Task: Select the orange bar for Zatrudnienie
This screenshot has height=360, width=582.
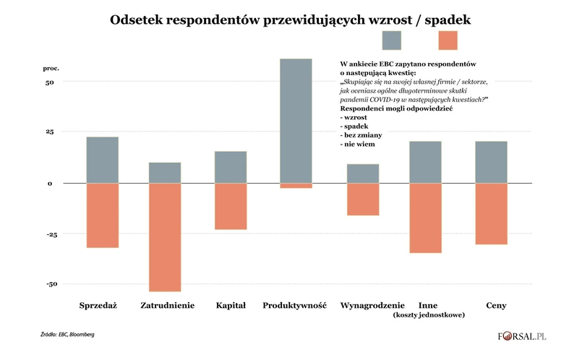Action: pos(165,237)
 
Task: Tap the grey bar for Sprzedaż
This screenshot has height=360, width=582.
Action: pos(103,160)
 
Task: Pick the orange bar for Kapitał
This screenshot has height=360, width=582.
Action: pos(231,206)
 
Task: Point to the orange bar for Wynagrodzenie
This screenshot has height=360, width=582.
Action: pos(363,199)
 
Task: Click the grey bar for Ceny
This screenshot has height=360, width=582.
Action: pos(491,162)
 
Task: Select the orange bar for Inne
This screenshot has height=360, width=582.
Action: pos(425,218)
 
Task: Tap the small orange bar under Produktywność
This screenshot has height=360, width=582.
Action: pos(296,186)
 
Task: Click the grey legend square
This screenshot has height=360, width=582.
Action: pos(392,40)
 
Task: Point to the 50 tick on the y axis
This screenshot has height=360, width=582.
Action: pos(49,82)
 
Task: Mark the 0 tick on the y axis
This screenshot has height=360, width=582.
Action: pos(51,184)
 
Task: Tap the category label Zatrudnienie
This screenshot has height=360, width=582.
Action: pos(167,305)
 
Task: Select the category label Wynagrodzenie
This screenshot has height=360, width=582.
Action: pos(364,305)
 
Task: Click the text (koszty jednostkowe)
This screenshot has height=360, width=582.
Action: pos(428,315)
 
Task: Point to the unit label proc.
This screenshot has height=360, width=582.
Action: pos(50,68)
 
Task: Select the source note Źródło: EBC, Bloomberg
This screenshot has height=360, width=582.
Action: pos(67,335)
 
